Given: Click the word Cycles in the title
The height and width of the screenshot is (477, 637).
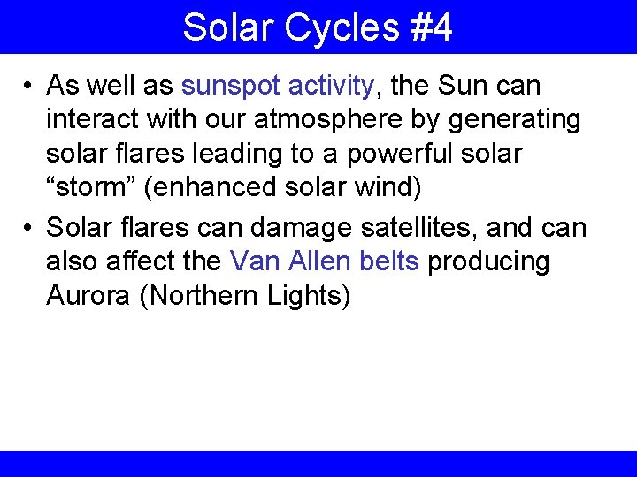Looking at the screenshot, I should pyautogui.click(x=341, y=27).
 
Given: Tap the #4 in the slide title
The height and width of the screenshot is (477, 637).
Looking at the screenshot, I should pyautogui.click(x=431, y=27).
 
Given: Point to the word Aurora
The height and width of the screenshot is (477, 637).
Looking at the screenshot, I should pyautogui.click(x=88, y=296).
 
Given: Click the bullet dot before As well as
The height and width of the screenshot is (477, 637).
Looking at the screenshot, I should pyautogui.click(x=29, y=87).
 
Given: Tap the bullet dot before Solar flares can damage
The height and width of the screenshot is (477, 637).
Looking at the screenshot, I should pyautogui.click(x=29, y=229).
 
